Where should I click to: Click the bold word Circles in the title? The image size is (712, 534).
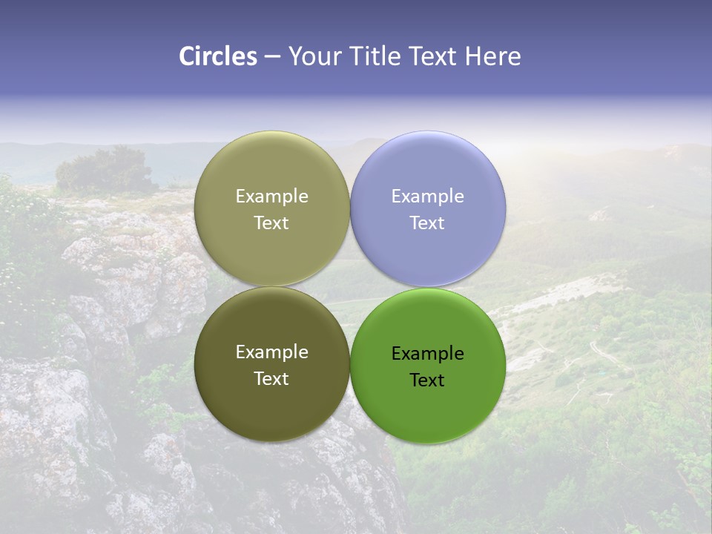point(218,56)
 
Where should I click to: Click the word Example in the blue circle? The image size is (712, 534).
point(428,197)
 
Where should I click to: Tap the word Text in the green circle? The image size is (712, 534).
point(427,380)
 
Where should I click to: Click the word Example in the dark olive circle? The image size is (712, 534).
point(271,352)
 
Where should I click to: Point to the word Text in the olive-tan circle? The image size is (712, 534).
point(271,223)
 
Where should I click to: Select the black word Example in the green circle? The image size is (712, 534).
point(428,354)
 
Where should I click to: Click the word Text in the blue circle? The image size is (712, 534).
point(427,223)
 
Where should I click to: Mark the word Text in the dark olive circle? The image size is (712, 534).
point(271,378)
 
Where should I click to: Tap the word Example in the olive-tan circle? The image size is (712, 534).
point(271,197)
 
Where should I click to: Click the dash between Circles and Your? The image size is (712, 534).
point(272,57)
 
